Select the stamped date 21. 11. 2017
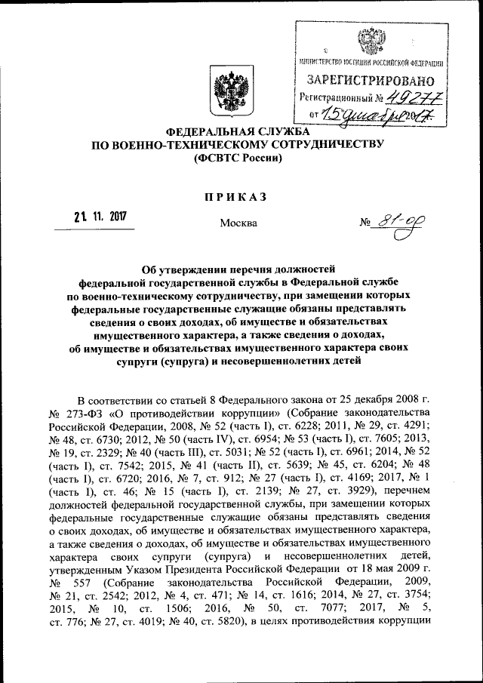tap(100, 217)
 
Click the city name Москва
tap(238, 223)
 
